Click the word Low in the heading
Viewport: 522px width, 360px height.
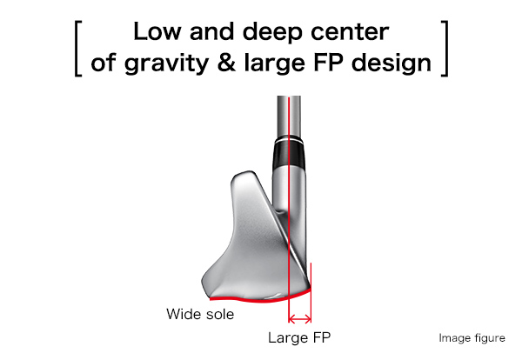[157, 32]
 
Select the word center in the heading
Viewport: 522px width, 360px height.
[350, 32]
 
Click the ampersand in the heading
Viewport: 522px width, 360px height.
[226, 63]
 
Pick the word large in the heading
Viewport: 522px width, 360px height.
[274, 63]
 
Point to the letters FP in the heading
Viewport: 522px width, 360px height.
[329, 63]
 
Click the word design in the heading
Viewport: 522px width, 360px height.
[391, 63]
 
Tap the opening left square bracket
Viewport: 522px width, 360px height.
[77, 49]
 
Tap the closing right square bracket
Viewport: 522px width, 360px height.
[445, 49]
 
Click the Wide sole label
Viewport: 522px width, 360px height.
[200, 314]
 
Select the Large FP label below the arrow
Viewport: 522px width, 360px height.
[299, 337]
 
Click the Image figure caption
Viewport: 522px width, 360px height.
[472, 338]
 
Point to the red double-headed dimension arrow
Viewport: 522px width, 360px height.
[300, 319]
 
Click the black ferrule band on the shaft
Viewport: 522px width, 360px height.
[289, 155]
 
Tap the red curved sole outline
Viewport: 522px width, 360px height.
[259, 300]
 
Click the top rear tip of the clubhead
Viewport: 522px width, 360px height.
[248, 173]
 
